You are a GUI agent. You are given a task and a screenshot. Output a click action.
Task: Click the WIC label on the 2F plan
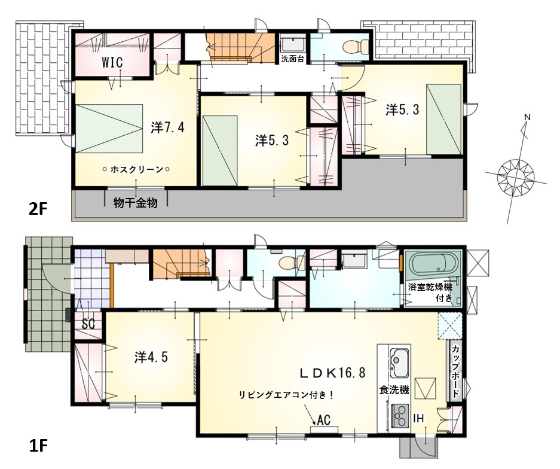112,62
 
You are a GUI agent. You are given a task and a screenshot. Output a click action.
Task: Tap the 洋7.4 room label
167,127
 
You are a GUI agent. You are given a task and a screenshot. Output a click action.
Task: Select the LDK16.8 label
332,373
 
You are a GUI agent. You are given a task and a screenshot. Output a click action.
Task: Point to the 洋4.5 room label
151,357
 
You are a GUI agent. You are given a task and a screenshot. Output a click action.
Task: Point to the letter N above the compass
528,117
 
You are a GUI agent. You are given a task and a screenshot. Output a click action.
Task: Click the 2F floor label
38,209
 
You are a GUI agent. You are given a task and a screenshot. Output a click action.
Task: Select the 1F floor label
38,446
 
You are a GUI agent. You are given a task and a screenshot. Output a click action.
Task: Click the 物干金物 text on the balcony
135,203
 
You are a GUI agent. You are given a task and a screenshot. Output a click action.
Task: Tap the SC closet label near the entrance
88,324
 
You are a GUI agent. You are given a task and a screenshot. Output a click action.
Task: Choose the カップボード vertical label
456,371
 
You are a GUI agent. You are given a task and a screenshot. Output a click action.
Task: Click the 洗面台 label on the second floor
292,59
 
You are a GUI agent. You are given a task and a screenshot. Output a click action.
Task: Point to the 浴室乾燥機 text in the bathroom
430,287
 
